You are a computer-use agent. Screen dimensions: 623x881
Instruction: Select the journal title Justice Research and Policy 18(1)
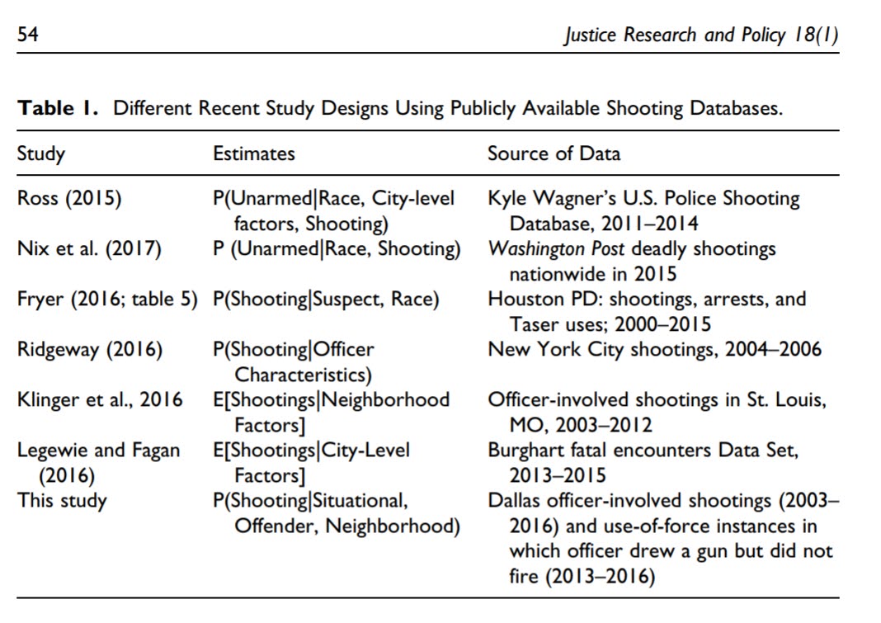click(x=702, y=35)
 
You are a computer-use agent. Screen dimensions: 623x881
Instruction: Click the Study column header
click(x=41, y=153)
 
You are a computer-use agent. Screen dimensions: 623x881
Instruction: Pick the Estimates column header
click(x=253, y=153)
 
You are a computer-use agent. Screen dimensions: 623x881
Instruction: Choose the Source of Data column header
click(x=554, y=153)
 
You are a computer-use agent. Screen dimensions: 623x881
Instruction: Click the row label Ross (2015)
click(x=68, y=199)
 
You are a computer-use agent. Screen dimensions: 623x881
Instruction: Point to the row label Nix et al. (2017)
click(x=89, y=248)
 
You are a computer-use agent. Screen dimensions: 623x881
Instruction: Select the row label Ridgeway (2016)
click(x=90, y=349)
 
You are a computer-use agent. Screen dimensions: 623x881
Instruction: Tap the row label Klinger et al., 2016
click(x=100, y=399)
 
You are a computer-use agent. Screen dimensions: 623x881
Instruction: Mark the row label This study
click(x=62, y=500)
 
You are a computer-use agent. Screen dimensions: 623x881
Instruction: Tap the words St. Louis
click(x=789, y=399)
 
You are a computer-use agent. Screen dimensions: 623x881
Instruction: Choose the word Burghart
click(x=525, y=451)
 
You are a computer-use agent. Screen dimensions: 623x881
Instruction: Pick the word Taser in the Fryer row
click(x=535, y=323)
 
